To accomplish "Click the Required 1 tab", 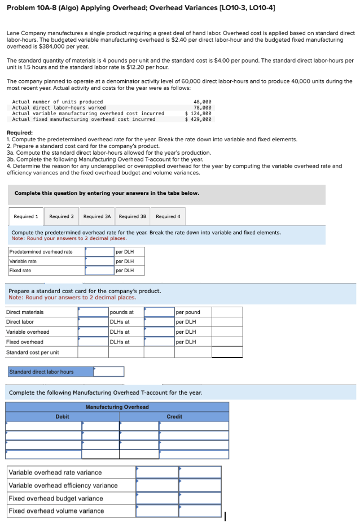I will pyautogui.click(x=26, y=216).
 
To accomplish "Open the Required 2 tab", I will pyautogui.click(x=62, y=216).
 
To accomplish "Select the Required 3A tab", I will pyautogui.click(x=97, y=216).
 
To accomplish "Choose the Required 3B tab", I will pyautogui.click(x=133, y=216).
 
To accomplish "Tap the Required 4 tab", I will pyautogui.click(x=168, y=216).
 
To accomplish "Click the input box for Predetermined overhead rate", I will pyautogui.click(x=100, y=252).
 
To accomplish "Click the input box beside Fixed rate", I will pyautogui.click(x=100, y=271).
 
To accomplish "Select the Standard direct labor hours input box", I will pyautogui.click(x=108, y=372).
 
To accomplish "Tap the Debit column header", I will pyautogui.click(x=62, y=417).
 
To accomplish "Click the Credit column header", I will pyautogui.click(x=174, y=417).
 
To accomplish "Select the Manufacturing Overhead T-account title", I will pyautogui.click(x=117, y=407).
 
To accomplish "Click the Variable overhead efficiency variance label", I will pyautogui.click(x=63, y=486).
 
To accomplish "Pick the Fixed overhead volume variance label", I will pyautogui.click(x=56, y=511).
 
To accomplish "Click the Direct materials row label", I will pyautogui.click(x=25, y=312).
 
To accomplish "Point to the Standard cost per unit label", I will pyautogui.click(x=32, y=352).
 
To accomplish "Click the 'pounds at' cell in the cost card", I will pyautogui.click(x=122, y=312).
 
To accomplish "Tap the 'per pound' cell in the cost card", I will pyautogui.click(x=188, y=312).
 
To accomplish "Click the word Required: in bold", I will pyautogui.click(x=20, y=133).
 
